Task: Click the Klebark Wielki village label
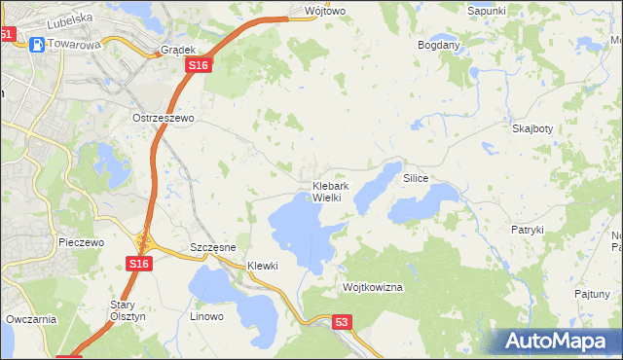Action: (326, 192)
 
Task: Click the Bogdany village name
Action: (438, 45)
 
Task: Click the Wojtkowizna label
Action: (373, 288)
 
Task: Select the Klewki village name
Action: (263, 266)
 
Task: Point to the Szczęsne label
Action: (213, 247)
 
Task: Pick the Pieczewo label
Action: (81, 242)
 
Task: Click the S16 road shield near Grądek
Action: (199, 64)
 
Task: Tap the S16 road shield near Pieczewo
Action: (138, 264)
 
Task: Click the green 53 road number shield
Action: (341, 321)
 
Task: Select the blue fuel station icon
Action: (36, 43)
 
